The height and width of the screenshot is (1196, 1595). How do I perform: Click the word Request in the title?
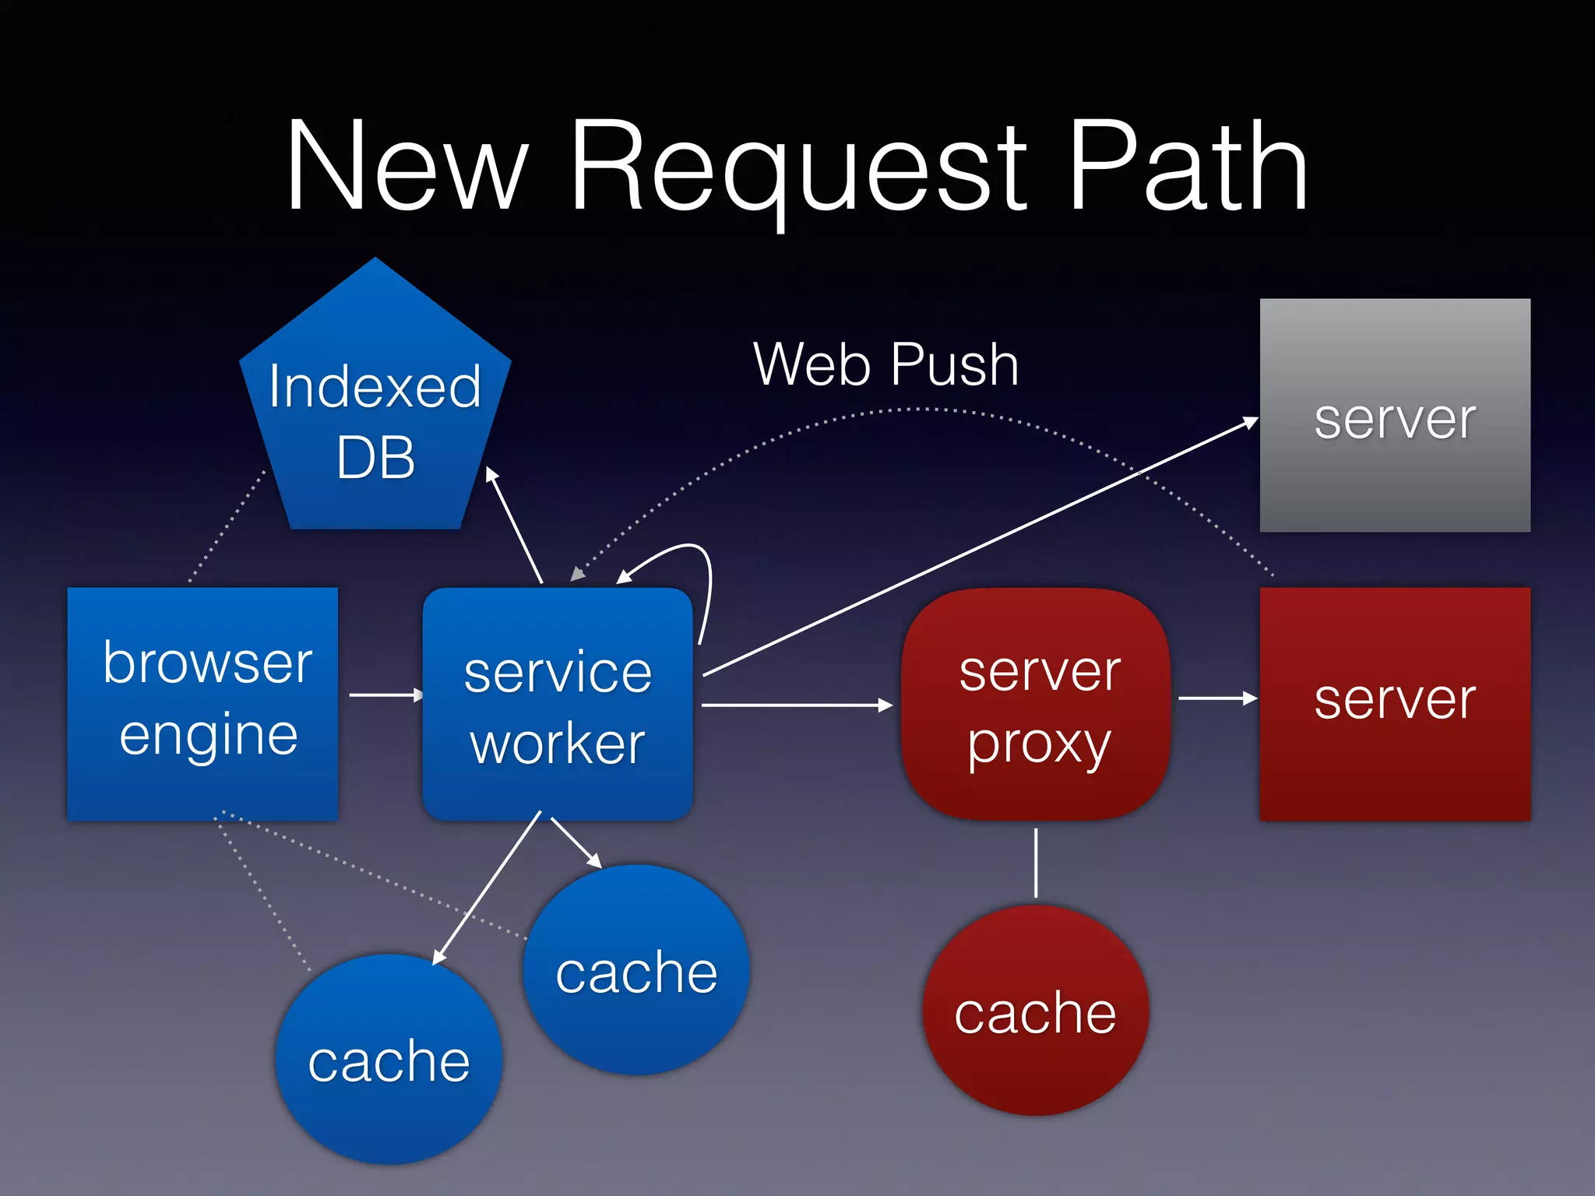point(798,167)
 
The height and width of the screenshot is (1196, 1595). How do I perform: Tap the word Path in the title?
point(1188,167)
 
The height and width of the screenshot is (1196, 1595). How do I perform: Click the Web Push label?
point(886,364)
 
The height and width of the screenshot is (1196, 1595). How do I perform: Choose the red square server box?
point(1394,703)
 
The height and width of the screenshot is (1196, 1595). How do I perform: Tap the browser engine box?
point(203,703)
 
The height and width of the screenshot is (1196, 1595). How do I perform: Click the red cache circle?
point(1035,1011)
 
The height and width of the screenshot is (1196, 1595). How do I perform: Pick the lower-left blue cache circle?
point(389,1059)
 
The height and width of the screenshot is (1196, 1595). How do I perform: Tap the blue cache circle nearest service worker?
point(636,970)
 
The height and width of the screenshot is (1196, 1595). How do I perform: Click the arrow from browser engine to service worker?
point(385,695)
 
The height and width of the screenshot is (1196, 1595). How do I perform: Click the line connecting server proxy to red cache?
point(1036,863)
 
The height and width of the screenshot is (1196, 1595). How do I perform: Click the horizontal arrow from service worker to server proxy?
point(794,705)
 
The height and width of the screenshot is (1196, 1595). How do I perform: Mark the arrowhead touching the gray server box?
point(1251,423)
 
